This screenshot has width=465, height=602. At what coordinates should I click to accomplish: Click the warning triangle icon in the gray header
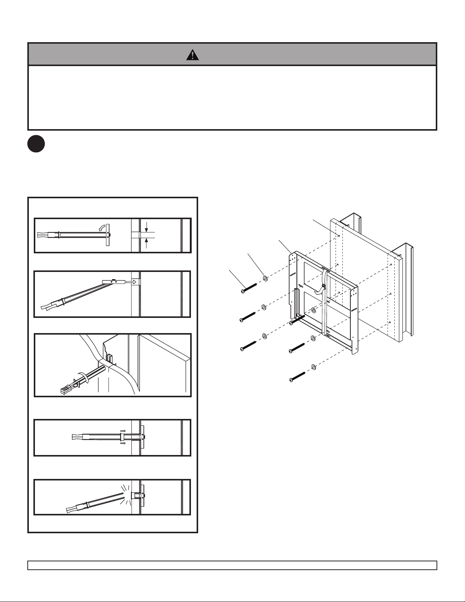(193, 55)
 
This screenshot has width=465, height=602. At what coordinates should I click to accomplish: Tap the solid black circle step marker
(36, 144)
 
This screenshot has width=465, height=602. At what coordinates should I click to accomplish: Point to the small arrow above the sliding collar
(122, 431)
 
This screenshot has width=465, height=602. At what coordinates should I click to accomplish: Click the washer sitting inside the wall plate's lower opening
(313, 310)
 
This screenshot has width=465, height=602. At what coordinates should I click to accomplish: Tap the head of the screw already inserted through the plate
(291, 323)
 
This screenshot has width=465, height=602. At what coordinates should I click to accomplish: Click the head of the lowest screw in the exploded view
(291, 379)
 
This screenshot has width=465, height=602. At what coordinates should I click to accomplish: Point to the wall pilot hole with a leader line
(337, 235)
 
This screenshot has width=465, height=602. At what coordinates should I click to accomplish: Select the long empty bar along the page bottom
(232, 565)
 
